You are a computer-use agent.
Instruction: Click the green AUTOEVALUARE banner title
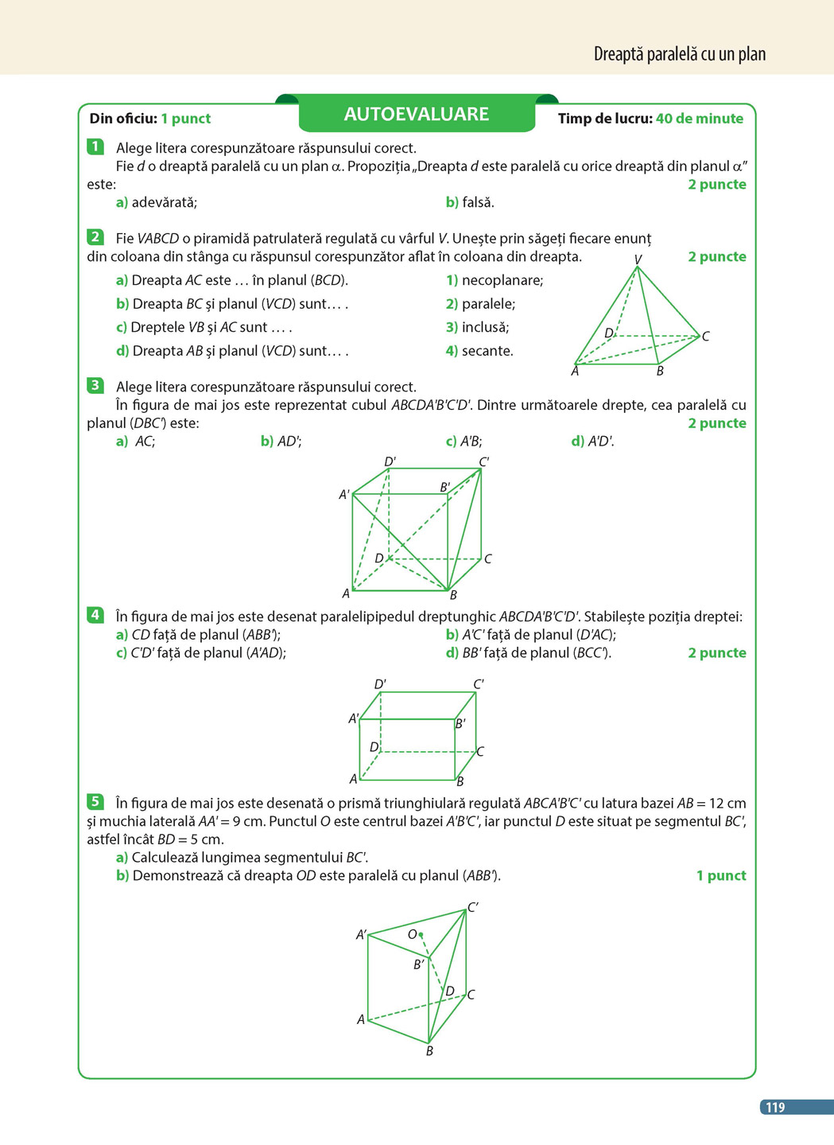pos(416,115)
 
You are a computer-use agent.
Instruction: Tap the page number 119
pos(775,1107)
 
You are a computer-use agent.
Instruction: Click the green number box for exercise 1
pos(95,146)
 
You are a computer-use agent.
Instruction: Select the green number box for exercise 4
pos(95,615)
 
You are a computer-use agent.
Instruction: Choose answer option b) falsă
pos(470,202)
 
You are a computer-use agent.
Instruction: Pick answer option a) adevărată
pos(157,202)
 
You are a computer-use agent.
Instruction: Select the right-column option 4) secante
pos(479,351)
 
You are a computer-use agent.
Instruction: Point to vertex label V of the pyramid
pos(638,260)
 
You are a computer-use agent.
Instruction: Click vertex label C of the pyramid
pos(705,337)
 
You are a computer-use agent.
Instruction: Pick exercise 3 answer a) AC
pos(136,441)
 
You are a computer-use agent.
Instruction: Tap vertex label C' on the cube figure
pos(484,462)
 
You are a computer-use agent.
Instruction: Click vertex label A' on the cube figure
pos(344,495)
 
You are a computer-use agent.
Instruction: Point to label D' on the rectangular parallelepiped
pos(380,684)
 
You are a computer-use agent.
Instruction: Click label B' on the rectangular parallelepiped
pos(460,724)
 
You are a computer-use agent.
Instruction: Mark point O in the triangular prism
pos(421,934)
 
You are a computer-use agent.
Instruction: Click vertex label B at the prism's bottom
pos(429,1051)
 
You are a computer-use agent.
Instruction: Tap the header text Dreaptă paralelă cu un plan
pos(680,54)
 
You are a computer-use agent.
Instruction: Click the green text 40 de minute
pos(699,119)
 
